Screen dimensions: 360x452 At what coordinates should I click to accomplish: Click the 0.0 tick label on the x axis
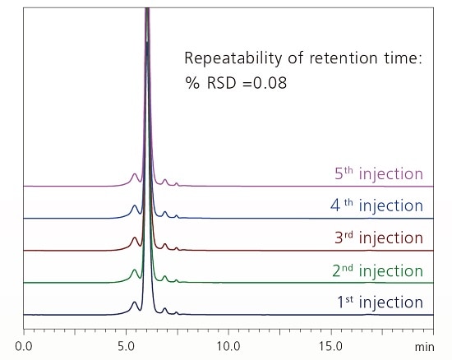click(24, 345)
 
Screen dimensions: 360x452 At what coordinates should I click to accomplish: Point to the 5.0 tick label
click(126, 345)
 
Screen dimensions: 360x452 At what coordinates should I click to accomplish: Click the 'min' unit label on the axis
click(425, 345)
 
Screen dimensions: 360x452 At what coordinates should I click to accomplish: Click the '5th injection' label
click(379, 174)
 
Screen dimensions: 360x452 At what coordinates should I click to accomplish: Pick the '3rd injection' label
click(377, 238)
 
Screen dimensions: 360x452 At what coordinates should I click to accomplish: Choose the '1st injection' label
click(379, 302)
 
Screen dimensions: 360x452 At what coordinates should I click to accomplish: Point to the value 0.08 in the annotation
click(270, 84)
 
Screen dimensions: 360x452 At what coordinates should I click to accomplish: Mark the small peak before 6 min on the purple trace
click(135, 176)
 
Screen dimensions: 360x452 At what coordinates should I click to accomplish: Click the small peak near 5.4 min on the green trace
click(135, 271)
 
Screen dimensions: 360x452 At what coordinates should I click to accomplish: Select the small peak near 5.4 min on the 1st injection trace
click(135, 303)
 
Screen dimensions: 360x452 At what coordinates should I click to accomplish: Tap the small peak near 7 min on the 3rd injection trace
click(165, 245)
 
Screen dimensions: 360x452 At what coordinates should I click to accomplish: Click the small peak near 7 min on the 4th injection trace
click(165, 213)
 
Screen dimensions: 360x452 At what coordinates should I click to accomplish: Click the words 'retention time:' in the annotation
click(362, 58)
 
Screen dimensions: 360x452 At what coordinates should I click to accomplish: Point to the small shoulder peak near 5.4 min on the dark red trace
click(135, 240)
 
